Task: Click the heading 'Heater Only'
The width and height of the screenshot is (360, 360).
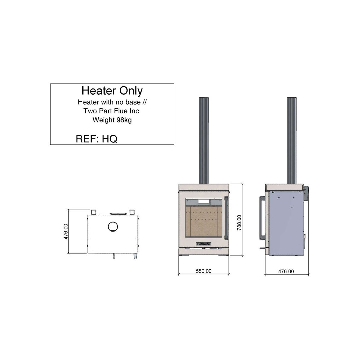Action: pyautogui.click(x=112, y=90)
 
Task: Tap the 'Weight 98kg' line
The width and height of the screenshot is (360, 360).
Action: pyautogui.click(x=112, y=120)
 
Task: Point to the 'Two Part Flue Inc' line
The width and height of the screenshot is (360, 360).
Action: pyautogui.click(x=111, y=111)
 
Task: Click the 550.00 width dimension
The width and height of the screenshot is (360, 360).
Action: pyautogui.click(x=204, y=271)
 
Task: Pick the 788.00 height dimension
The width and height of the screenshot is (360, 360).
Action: pyautogui.click(x=239, y=223)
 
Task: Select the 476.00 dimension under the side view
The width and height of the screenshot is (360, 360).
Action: pyautogui.click(x=286, y=271)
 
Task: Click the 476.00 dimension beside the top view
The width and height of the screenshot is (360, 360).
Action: pyautogui.click(x=66, y=231)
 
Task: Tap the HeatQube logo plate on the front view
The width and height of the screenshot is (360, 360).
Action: pyautogui.click(x=204, y=244)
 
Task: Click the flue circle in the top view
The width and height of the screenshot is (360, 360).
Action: pyautogui.click(x=113, y=227)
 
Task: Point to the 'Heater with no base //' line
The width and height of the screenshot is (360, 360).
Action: pyautogui.click(x=112, y=102)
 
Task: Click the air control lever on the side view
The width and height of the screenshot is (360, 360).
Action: pyautogui.click(x=263, y=248)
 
